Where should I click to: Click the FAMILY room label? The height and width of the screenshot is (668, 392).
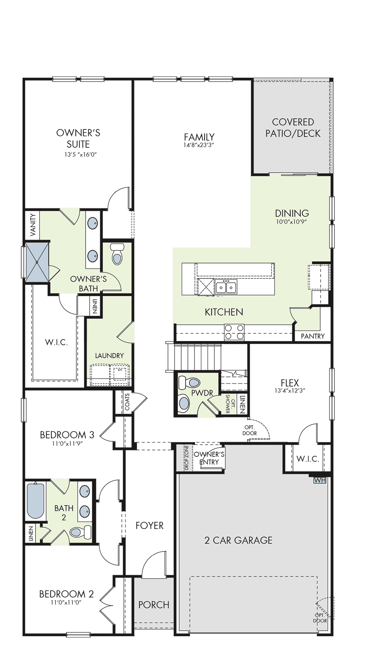click(x=199, y=137)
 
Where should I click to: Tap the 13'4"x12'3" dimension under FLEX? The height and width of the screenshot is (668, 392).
click(x=290, y=390)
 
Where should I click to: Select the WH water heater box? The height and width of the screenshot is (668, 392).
click(x=319, y=480)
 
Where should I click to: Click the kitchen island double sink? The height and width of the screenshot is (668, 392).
click(x=226, y=288)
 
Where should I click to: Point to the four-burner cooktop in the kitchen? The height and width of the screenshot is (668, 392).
click(x=234, y=332)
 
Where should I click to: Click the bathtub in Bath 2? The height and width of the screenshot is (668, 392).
click(x=35, y=501)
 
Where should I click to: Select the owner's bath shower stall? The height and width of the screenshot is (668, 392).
click(x=37, y=262)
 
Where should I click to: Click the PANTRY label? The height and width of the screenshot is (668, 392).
click(x=313, y=336)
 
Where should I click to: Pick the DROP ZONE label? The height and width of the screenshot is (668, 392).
click(x=187, y=458)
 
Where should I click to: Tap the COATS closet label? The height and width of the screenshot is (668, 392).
click(x=128, y=402)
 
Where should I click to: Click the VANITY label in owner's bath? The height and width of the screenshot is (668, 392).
click(x=33, y=225)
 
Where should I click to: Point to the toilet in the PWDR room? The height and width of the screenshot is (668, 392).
click(x=189, y=382)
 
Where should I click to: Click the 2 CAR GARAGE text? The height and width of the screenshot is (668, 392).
click(x=238, y=540)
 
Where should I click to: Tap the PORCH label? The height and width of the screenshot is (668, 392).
click(x=154, y=605)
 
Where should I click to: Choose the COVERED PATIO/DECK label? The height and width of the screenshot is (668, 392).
click(x=293, y=128)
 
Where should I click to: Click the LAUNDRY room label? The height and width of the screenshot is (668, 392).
click(x=109, y=355)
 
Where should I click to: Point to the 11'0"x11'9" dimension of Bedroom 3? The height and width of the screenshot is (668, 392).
click(x=67, y=443)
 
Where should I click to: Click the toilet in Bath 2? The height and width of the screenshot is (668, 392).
click(x=80, y=531)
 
